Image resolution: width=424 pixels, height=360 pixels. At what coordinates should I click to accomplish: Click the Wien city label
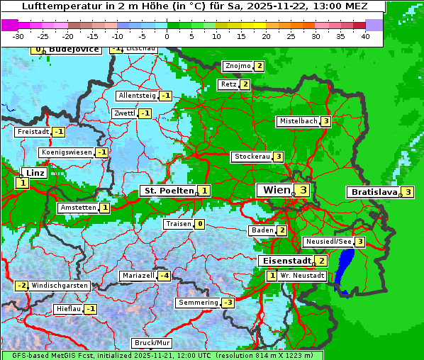tap(276, 190)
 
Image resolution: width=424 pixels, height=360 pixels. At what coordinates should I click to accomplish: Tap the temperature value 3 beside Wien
tap(303, 190)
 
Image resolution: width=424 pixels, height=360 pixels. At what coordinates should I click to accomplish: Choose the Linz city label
tap(34, 173)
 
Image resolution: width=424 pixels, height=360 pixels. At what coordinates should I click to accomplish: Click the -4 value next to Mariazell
tap(164, 275)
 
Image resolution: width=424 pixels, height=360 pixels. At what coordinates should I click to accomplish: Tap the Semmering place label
tap(199, 303)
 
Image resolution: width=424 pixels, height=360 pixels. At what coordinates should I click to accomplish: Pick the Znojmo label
tap(238, 66)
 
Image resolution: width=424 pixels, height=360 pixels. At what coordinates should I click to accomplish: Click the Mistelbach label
tap(299, 121)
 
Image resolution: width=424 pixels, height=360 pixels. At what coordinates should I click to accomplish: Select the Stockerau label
tap(252, 157)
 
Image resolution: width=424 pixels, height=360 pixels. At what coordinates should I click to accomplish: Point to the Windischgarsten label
tap(60, 285)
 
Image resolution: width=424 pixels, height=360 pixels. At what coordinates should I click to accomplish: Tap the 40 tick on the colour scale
tap(365, 36)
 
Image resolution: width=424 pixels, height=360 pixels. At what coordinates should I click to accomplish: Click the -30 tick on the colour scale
tap(18, 36)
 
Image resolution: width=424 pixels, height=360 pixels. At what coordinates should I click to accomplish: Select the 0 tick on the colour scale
tap(167, 36)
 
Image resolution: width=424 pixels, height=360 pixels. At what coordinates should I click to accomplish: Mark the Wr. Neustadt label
tap(302, 275)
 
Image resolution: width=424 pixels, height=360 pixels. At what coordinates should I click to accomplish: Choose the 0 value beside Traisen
tap(200, 224)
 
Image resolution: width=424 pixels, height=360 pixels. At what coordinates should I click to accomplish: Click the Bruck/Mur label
tap(152, 343)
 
